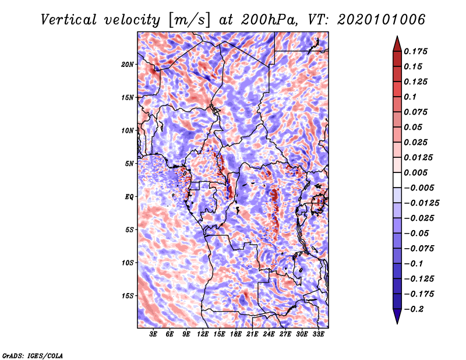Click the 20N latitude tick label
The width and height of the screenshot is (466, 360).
click(x=128, y=64)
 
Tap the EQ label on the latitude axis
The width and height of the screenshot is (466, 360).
click(x=129, y=196)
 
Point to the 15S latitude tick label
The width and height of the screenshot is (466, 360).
click(x=128, y=296)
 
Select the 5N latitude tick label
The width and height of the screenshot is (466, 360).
click(x=129, y=164)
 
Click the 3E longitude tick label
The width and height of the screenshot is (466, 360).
click(x=153, y=334)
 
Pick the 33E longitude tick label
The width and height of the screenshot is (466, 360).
click(x=318, y=334)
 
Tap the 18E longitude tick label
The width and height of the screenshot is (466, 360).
click(x=236, y=334)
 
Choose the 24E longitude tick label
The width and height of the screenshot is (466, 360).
click(x=269, y=334)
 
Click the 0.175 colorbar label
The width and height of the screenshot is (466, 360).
click(x=415, y=51)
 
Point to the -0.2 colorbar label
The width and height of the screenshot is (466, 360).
click(x=414, y=309)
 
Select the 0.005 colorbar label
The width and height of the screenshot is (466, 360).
click(x=415, y=172)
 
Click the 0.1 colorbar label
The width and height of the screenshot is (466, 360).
click(x=410, y=97)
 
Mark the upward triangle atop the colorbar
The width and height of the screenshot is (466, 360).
click(x=397, y=44)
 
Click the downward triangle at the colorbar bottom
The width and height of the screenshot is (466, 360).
click(x=397, y=316)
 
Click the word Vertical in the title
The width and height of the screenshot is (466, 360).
click(x=68, y=20)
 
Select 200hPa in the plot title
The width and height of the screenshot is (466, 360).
click(x=269, y=20)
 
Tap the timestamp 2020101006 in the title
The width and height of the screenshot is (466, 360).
click(x=381, y=20)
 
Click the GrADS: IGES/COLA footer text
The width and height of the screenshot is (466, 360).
click(x=33, y=355)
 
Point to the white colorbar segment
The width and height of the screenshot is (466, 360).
click(x=397, y=180)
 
